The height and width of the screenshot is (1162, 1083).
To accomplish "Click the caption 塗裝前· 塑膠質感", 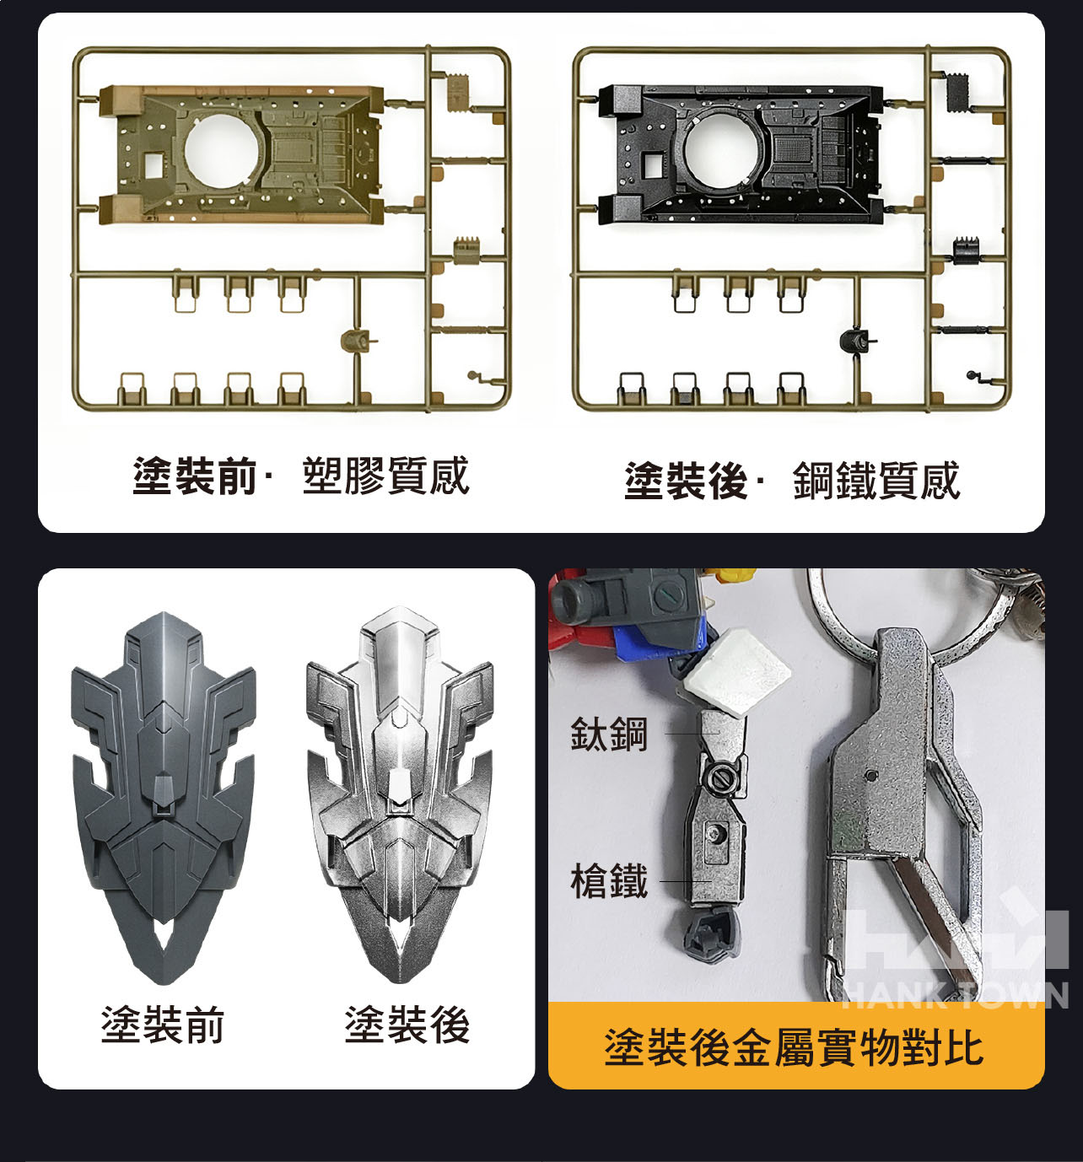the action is tap(301, 476).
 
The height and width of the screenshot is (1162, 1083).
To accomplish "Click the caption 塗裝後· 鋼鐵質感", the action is tap(792, 481).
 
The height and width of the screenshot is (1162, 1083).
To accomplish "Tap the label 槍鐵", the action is tap(609, 880).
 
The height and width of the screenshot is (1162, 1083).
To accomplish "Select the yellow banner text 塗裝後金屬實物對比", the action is tap(794, 1047).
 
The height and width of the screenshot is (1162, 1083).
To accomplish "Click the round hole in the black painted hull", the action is tap(720, 150).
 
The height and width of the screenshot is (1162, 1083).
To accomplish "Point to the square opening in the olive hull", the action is tap(154, 164).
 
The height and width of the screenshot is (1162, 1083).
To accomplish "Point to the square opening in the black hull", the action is tap(654, 164).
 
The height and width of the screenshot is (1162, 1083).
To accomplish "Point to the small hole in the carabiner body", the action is tap(872, 775).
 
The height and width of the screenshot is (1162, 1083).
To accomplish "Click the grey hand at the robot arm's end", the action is tap(712, 934).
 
